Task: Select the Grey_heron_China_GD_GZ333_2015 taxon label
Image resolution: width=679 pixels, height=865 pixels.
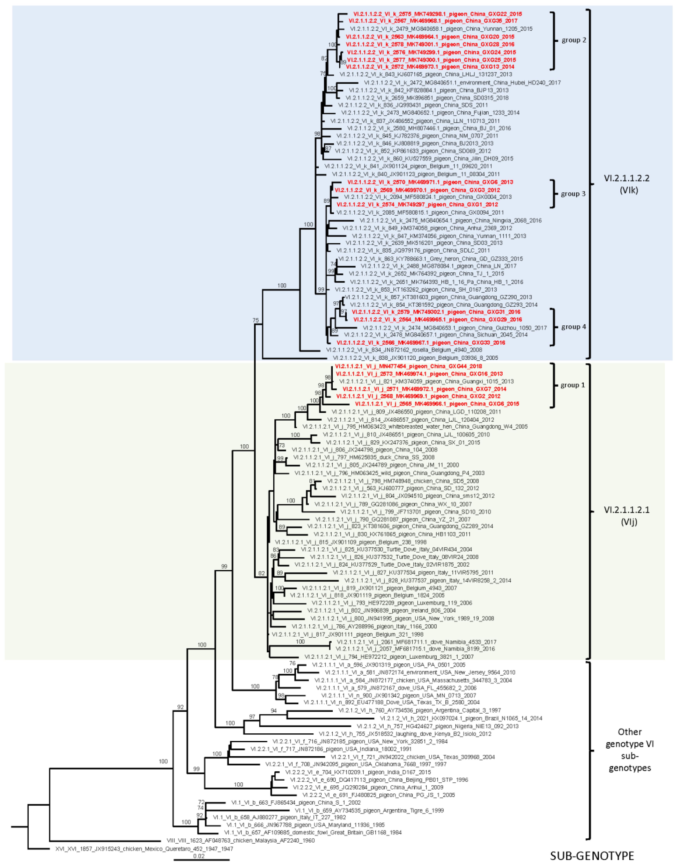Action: (x=431, y=259)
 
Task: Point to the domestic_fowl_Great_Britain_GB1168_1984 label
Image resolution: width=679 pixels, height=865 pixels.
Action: (x=313, y=832)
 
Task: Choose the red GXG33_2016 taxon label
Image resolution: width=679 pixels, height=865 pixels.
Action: (x=421, y=343)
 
